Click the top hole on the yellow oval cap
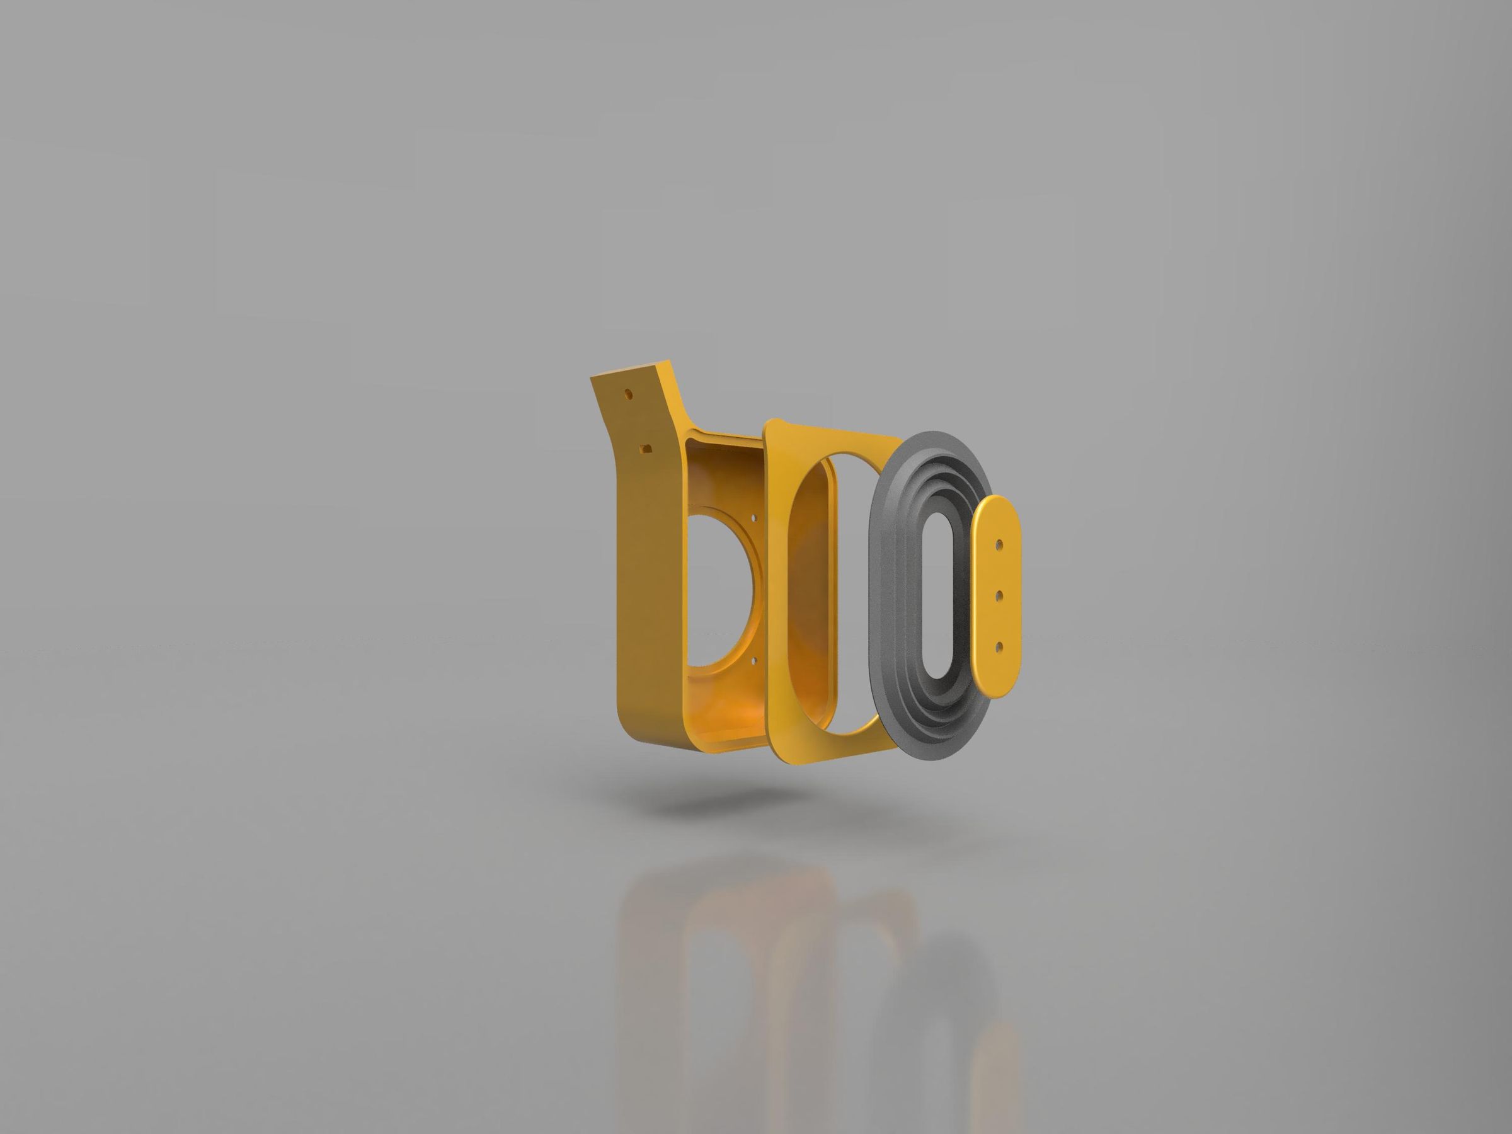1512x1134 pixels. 999,545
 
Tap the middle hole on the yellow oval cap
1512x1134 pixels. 999,596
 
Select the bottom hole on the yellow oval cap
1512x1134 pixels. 999,646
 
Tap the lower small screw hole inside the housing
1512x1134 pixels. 755,660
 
